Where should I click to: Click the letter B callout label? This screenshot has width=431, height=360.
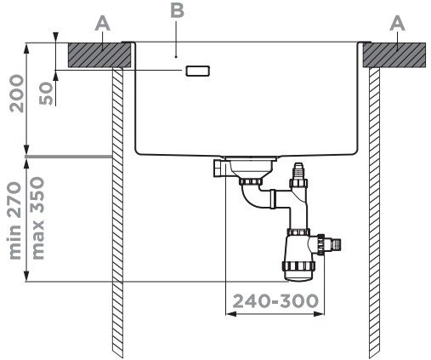[177, 11]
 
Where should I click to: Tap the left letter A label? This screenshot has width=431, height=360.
[102, 23]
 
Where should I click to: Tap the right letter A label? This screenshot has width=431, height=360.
[397, 23]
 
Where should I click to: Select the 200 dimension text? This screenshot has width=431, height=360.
[16, 94]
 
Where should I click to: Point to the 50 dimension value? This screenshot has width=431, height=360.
[46, 94]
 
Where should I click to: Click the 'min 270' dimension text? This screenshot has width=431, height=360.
[14, 220]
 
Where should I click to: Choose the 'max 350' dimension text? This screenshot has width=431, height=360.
[37, 218]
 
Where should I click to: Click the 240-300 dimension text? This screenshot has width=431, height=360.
[275, 301]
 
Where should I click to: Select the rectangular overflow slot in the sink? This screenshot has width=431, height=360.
[198, 71]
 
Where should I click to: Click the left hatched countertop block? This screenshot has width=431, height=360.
[99, 55]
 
